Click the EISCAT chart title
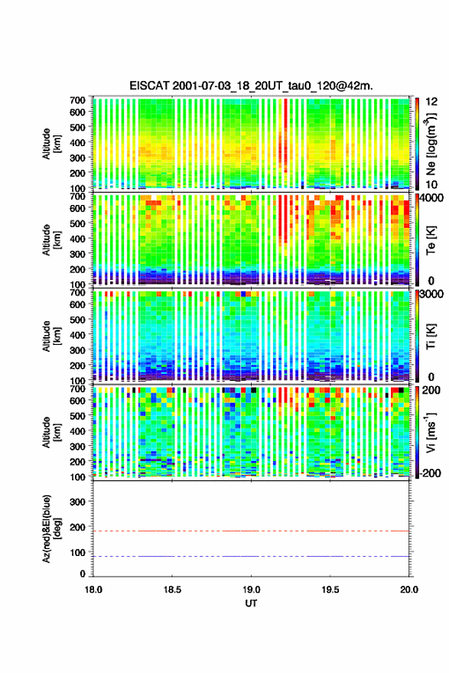pyautogui.click(x=251, y=86)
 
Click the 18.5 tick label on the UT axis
pyautogui.click(x=172, y=590)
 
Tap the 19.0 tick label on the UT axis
pyautogui.click(x=251, y=590)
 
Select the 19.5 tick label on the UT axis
pyautogui.click(x=330, y=590)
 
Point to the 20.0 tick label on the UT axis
pyautogui.click(x=409, y=590)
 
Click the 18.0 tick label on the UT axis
pyautogui.click(x=93, y=590)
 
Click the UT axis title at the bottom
pyautogui.click(x=251, y=603)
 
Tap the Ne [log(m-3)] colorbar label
pyautogui.click(x=431, y=145)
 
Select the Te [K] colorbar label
pyautogui.click(x=431, y=241)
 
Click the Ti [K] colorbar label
pyautogui.click(x=431, y=337)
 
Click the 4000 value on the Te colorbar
pyautogui.click(x=432, y=198)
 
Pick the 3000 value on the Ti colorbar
pyautogui.click(x=432, y=294)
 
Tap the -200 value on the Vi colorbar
pyautogui.click(x=428, y=473)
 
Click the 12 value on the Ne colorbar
pyautogui.click(x=432, y=102)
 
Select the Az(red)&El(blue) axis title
pyautogui.click(x=51, y=528)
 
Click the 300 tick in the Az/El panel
pyautogui.click(x=77, y=502)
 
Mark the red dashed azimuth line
pyautogui.click(x=251, y=531)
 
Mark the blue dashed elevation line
pyautogui.click(x=251, y=556)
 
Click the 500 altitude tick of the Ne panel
pyautogui.click(x=77, y=127)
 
